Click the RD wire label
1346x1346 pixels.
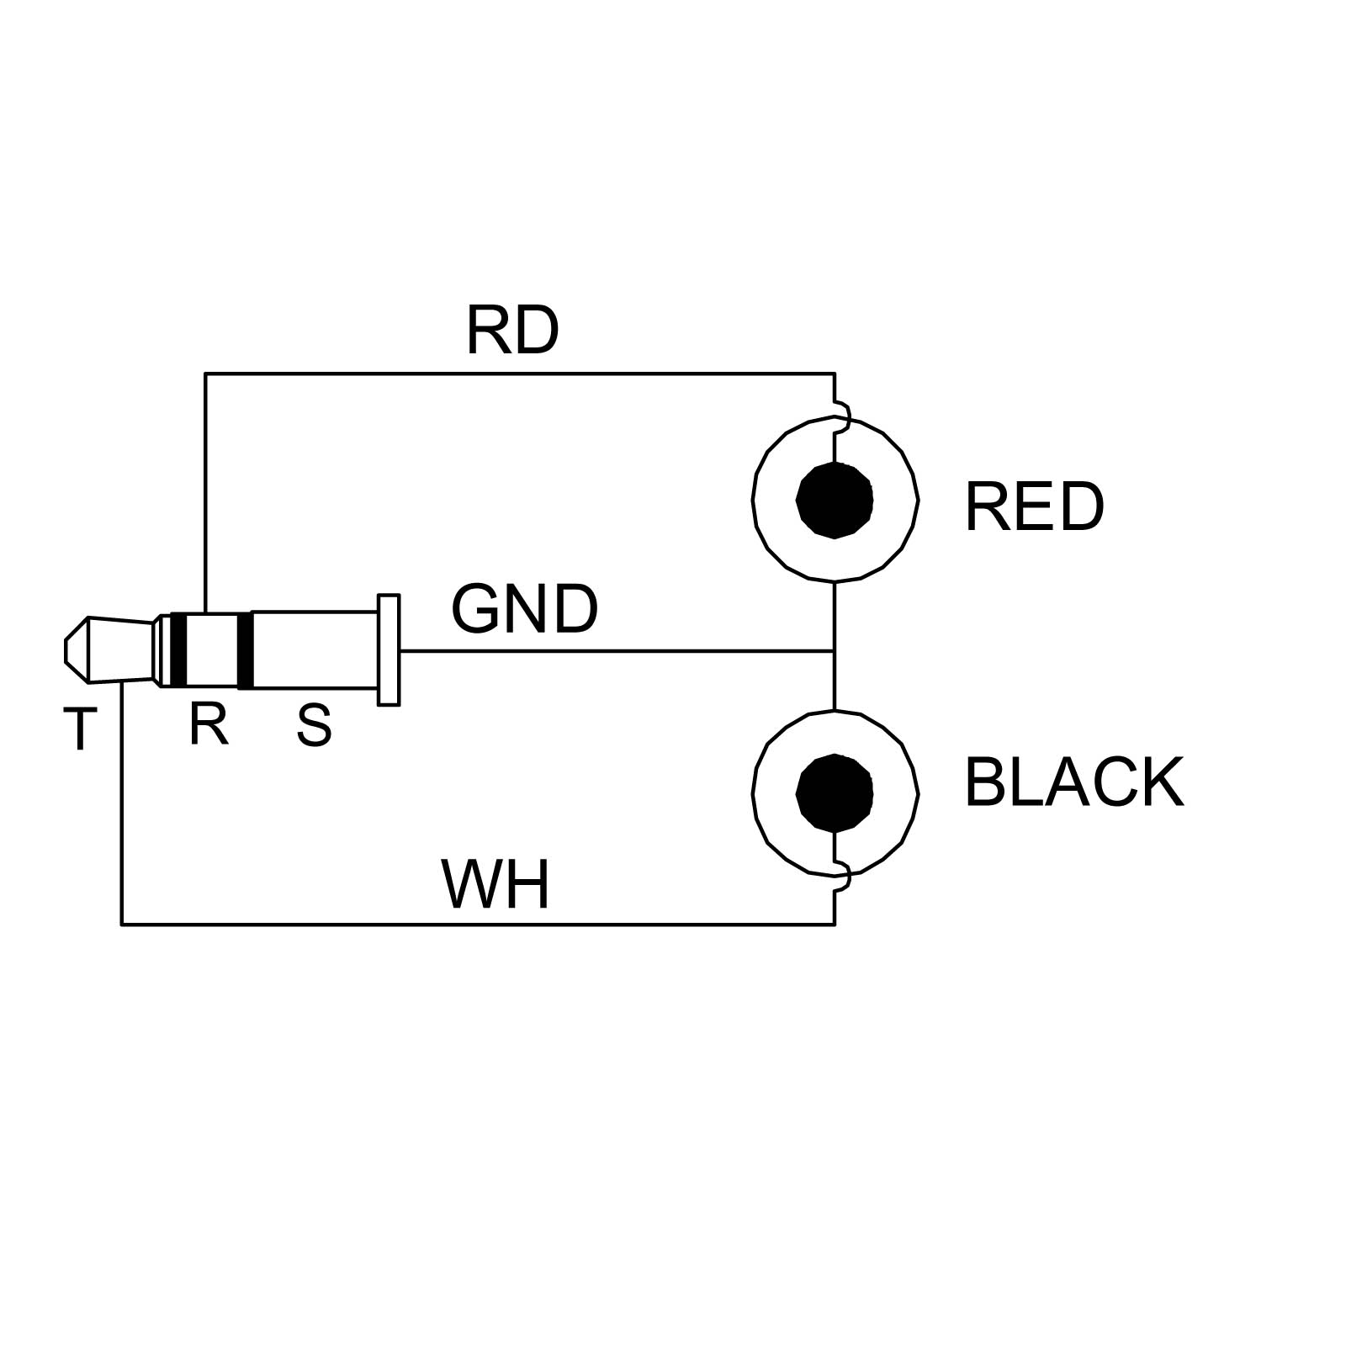511,331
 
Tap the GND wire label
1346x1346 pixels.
524,609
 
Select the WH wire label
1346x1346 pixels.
495,885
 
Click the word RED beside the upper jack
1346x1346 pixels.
1033,507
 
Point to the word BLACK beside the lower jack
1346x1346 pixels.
1073,783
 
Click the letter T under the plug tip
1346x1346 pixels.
80,729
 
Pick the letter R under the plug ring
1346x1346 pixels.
209,724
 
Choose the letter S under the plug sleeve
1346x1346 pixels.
314,726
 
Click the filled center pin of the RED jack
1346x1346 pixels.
835,501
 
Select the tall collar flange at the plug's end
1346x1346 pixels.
389,649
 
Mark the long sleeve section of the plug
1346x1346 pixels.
315,650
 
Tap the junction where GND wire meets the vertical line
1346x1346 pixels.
835,651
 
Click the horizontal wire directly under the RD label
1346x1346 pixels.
511,374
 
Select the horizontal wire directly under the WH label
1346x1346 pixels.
495,925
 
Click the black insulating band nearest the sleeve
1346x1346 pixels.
245,650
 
